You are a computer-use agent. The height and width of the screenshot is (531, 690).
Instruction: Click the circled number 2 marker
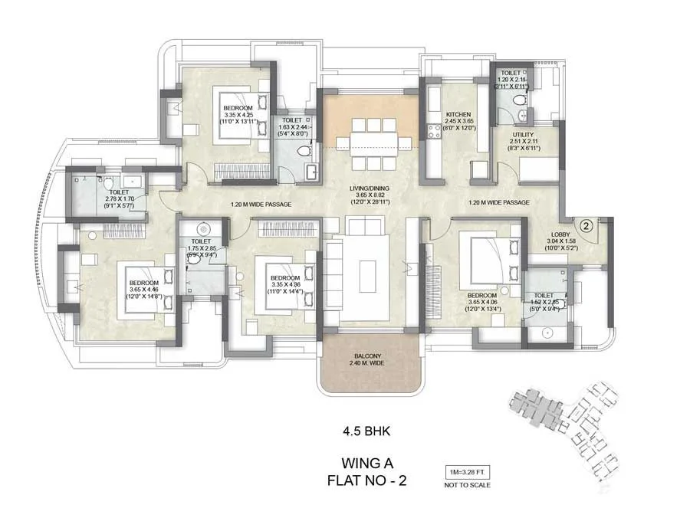(x=585, y=225)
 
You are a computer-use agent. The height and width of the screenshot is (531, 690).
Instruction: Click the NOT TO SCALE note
(x=467, y=485)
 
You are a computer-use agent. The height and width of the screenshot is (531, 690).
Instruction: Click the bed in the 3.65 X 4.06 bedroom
(x=488, y=260)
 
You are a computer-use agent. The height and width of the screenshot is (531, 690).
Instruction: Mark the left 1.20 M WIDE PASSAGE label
(x=261, y=205)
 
